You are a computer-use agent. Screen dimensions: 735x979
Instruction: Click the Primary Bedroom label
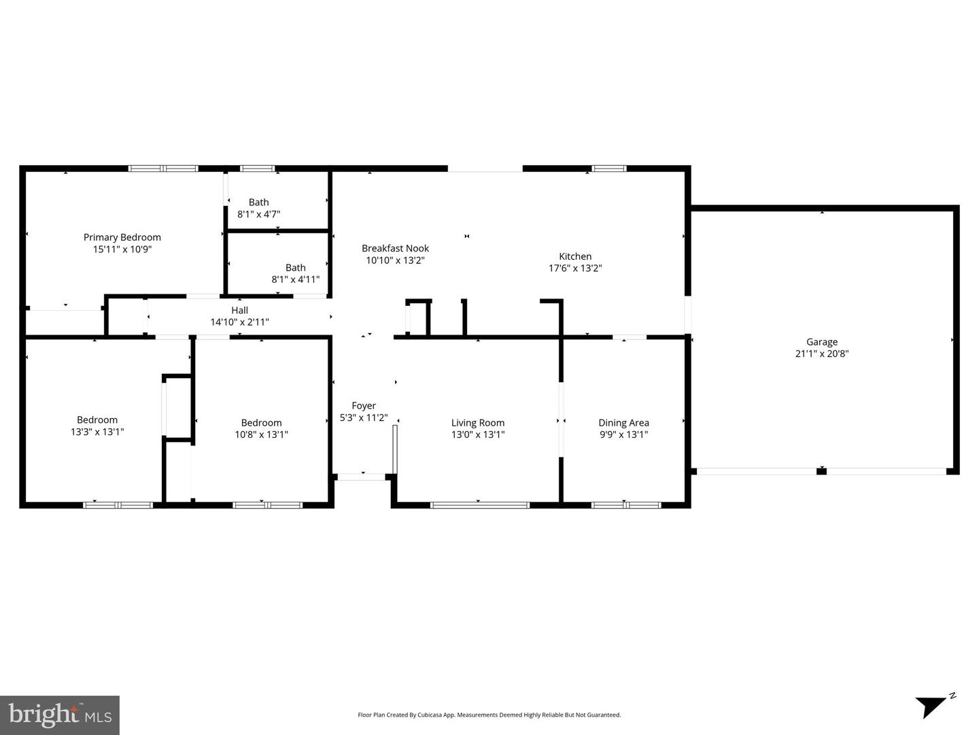click(122, 237)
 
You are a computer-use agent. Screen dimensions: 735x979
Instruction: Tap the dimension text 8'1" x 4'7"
click(258, 214)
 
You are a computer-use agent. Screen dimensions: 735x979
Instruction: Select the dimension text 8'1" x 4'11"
click(295, 279)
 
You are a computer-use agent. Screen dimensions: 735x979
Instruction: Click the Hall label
click(239, 310)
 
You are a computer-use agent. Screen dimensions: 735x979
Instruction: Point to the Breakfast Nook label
click(395, 248)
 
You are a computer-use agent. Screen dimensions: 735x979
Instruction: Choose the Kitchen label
click(575, 256)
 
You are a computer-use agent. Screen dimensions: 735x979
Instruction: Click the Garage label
click(822, 342)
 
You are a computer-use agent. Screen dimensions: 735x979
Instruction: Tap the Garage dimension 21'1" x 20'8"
click(822, 354)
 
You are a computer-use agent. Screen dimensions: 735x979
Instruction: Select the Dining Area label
click(623, 423)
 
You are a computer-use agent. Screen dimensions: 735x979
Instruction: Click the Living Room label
click(478, 423)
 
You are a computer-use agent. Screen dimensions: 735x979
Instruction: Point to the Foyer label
click(364, 406)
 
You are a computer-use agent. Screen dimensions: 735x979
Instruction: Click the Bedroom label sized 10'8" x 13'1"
click(261, 423)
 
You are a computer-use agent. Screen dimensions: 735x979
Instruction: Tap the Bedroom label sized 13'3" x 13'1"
click(97, 420)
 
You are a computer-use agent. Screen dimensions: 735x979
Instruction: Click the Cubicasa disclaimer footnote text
click(489, 715)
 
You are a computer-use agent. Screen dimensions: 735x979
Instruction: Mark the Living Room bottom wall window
click(480, 505)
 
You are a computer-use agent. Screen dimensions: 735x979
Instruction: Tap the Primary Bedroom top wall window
click(163, 168)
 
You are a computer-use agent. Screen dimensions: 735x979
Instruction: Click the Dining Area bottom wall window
click(626, 505)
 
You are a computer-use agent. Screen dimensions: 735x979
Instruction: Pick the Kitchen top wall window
click(608, 168)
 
